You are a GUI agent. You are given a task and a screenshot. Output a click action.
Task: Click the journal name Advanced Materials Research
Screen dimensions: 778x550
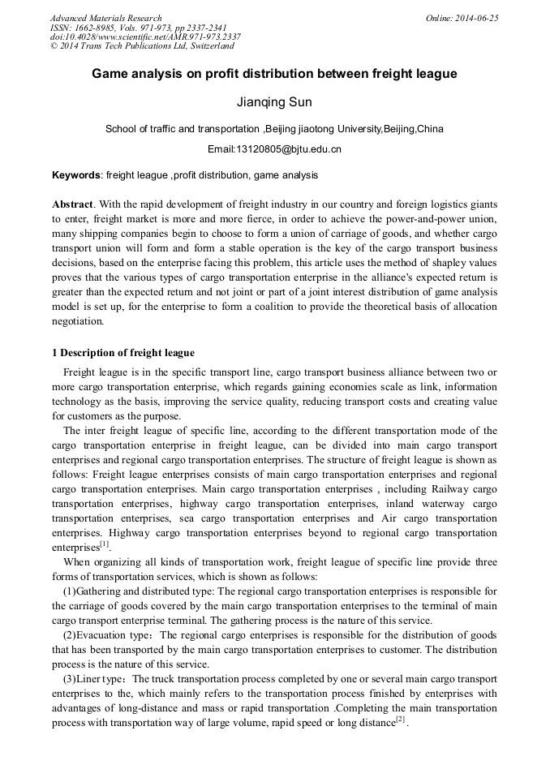click(x=106, y=18)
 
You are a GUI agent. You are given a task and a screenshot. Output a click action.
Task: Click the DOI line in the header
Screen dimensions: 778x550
click(x=145, y=37)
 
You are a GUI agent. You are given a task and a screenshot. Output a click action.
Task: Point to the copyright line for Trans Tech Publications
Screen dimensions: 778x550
click(x=142, y=45)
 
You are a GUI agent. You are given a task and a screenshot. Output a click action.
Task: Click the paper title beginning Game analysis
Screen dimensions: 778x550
click(x=274, y=74)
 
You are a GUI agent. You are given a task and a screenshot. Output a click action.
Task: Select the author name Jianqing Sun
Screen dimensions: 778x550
click(x=274, y=104)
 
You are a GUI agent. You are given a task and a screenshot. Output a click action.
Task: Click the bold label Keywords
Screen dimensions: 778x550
click(x=76, y=175)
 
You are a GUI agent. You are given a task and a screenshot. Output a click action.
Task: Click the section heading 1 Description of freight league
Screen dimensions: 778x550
click(x=123, y=353)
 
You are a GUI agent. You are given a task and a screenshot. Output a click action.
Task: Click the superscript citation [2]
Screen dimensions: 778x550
click(x=399, y=720)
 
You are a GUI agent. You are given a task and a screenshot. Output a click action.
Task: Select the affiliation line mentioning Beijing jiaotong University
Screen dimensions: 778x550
click(x=274, y=129)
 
